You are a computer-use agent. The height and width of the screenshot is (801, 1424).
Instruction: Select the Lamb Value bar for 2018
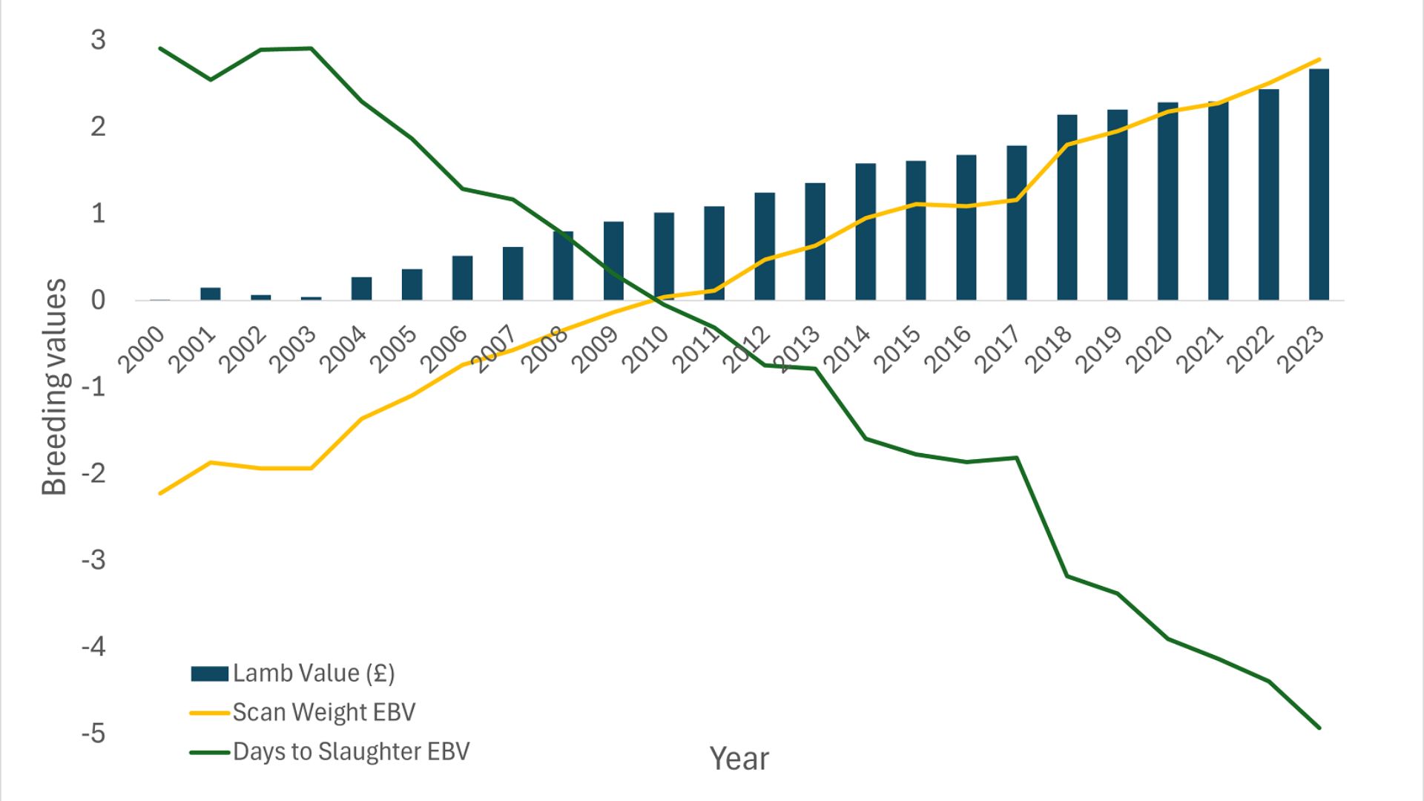(x=1067, y=208)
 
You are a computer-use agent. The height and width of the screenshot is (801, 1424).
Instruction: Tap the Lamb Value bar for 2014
(x=865, y=231)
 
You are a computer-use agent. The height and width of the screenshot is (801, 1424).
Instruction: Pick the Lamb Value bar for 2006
(x=462, y=278)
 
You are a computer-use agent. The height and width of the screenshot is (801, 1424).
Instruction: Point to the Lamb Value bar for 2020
(x=1167, y=201)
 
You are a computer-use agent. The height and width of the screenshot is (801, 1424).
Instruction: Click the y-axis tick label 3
(x=98, y=40)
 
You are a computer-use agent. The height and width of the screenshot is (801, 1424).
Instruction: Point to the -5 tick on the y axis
(x=93, y=734)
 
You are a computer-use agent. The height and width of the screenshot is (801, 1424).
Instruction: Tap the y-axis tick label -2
(x=93, y=473)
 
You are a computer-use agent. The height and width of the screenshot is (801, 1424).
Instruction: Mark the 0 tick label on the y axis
(x=98, y=300)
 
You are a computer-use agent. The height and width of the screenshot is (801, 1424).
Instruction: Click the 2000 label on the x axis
(x=142, y=349)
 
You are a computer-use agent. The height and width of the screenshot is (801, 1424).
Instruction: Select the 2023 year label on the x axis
(x=1301, y=349)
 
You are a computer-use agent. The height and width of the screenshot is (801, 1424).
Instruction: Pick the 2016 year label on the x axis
(x=949, y=349)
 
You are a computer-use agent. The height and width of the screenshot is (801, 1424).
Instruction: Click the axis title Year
(x=739, y=759)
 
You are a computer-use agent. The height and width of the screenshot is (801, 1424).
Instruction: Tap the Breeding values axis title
(x=54, y=386)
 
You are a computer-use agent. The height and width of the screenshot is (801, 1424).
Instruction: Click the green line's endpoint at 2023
(x=1319, y=728)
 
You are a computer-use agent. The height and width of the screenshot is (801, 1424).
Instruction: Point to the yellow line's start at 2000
(x=160, y=493)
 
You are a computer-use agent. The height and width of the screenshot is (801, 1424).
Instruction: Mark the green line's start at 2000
(x=160, y=48)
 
